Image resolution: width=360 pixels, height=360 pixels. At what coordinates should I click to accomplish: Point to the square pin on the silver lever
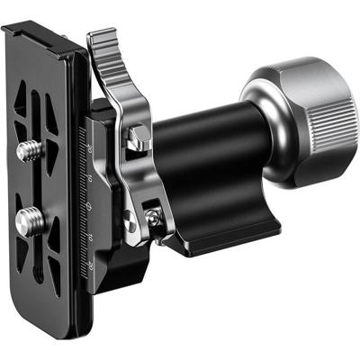tap(138, 137)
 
